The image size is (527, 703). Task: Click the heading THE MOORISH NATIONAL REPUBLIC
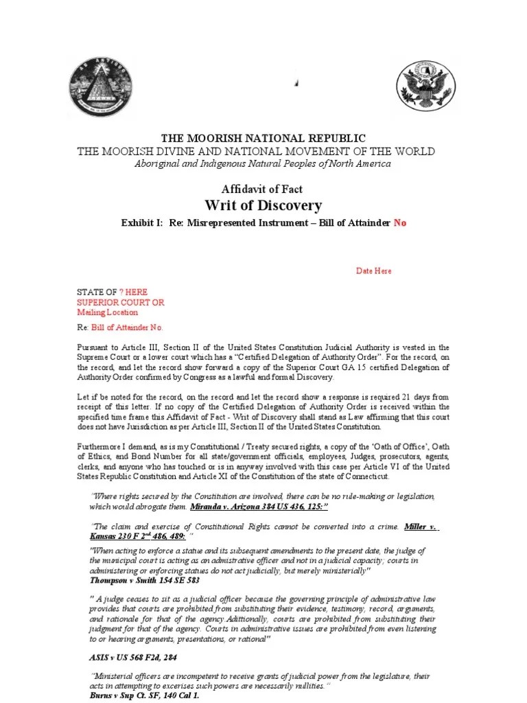point(263,138)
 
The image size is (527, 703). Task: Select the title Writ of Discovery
point(263,205)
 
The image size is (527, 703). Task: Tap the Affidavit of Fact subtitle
point(263,189)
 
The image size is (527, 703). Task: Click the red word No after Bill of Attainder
point(400,223)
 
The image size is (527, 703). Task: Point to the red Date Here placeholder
point(373,271)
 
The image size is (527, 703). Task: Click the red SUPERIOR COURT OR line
point(120,302)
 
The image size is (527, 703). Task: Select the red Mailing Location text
point(107,312)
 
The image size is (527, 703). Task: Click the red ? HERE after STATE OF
point(133,292)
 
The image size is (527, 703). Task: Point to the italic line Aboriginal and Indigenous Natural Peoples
point(263,163)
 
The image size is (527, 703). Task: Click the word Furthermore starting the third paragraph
point(100,446)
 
